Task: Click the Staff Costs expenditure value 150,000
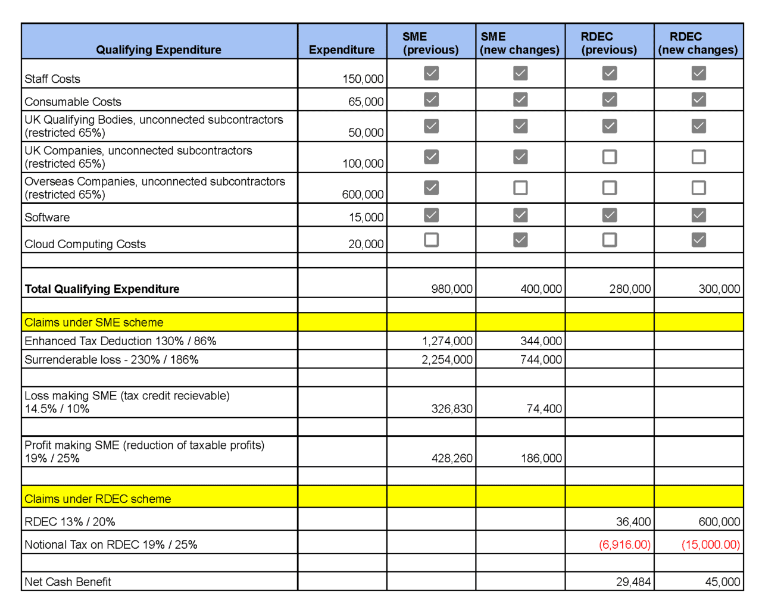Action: click(x=363, y=79)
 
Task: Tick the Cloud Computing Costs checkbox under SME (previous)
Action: click(x=431, y=240)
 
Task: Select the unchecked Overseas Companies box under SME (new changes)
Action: click(x=520, y=188)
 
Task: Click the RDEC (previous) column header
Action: click(x=609, y=43)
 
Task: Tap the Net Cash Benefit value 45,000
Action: click(x=722, y=581)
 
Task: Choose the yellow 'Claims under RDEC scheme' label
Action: click(x=98, y=499)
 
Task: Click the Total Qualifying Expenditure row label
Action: click(x=102, y=289)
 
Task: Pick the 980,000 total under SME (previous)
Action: click(x=451, y=289)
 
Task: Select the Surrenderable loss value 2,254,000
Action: click(x=446, y=359)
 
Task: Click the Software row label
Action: click(x=47, y=217)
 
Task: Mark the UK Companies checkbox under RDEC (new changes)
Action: click(x=698, y=157)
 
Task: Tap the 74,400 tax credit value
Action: click(x=544, y=409)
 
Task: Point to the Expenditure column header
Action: click(x=342, y=49)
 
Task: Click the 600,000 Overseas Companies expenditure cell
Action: click(x=363, y=194)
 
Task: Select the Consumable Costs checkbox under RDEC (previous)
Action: click(x=609, y=99)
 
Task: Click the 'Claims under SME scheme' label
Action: click(x=94, y=322)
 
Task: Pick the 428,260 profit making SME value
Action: click(x=451, y=458)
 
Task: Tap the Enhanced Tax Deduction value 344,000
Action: click(x=541, y=341)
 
